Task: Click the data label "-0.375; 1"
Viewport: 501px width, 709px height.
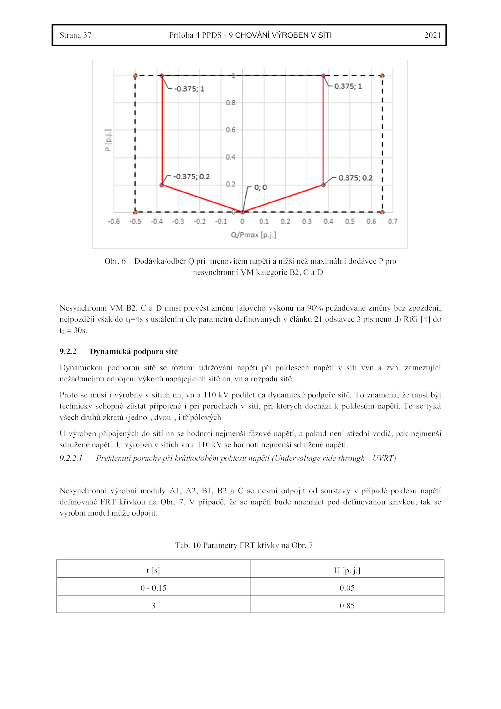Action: pos(189,89)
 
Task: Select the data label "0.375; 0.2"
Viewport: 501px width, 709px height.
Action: pos(355,178)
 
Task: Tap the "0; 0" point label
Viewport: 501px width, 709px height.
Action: pos(260,187)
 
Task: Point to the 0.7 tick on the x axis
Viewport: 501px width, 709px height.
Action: pos(392,222)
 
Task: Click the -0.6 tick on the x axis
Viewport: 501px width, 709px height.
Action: pos(114,222)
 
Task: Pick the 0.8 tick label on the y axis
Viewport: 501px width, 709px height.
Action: pos(230,103)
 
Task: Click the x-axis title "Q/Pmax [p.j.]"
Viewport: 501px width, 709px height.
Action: pos(253,235)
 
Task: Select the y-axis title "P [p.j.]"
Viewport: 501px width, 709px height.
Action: pos(108,140)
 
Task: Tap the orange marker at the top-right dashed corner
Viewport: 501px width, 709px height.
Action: pos(382,76)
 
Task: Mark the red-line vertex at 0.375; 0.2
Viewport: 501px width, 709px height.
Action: pos(323,185)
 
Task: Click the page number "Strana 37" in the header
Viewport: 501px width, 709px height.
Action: pos(75,35)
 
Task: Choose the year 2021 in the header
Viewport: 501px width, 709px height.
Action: pos(432,35)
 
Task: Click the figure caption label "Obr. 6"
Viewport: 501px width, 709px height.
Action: pos(115,261)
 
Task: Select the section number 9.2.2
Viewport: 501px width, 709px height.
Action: pos(68,351)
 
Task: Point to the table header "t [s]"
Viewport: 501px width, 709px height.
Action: pos(153,570)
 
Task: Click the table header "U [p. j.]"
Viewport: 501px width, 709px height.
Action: pos(347,570)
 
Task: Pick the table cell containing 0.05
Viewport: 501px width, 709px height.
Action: pos(347,588)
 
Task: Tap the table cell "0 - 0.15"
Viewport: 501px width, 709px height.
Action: pos(153,588)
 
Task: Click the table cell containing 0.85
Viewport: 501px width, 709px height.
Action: pos(347,606)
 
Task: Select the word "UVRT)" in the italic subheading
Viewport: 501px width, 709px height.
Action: pos(384,458)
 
